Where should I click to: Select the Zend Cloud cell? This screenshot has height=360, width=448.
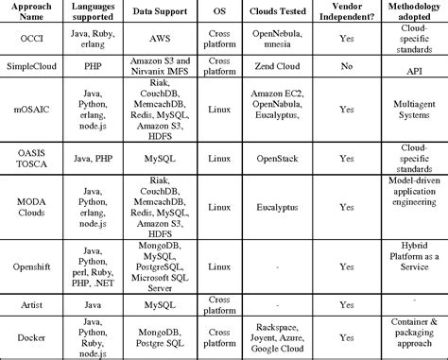[271, 68]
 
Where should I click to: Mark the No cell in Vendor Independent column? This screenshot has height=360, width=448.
[347, 68]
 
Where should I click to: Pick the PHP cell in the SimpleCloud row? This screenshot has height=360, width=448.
[95, 68]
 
